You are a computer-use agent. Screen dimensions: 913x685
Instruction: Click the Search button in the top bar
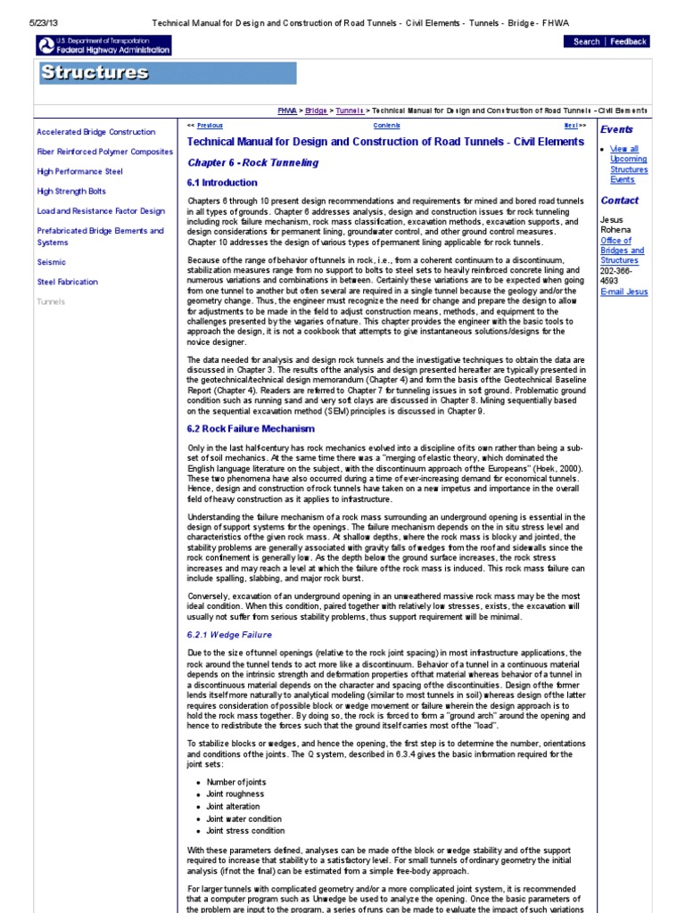point(586,41)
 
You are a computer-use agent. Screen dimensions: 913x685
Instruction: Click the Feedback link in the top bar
point(628,41)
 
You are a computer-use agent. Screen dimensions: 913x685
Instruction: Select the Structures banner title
point(95,73)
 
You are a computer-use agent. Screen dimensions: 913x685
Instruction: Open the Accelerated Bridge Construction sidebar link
point(95,132)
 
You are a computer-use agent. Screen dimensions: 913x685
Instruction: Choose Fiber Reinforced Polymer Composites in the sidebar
point(104,152)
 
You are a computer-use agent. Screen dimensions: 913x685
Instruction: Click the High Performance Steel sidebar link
point(79,171)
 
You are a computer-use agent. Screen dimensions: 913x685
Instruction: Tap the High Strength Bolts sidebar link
point(71,191)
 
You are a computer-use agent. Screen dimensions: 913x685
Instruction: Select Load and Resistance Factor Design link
point(101,211)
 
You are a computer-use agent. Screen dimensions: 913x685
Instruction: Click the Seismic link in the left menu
point(51,262)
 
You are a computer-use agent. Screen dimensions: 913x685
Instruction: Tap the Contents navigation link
point(386,126)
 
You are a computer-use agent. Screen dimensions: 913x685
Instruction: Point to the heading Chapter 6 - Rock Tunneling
point(252,163)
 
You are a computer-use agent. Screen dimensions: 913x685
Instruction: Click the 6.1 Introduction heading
point(222,183)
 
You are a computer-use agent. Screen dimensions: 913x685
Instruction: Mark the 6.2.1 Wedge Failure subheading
point(230,635)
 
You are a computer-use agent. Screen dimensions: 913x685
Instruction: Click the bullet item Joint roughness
point(235,794)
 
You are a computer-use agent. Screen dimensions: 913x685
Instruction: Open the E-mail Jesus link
point(624,292)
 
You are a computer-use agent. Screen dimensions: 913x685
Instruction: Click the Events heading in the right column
point(616,129)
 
